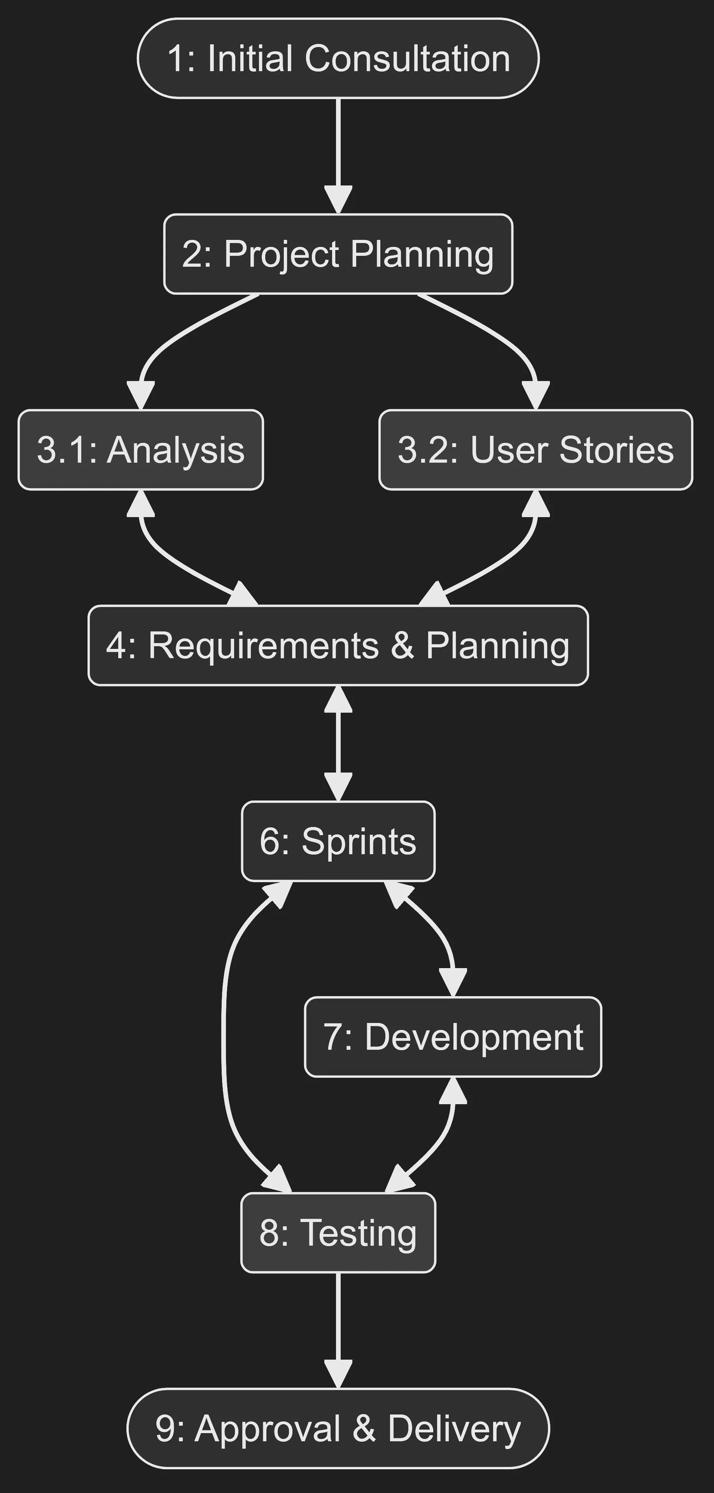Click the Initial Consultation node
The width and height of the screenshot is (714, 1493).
coord(338,58)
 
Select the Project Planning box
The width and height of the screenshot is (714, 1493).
coord(338,254)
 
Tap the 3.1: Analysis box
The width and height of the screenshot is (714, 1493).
coord(141,450)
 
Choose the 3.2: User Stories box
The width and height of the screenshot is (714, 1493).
coord(535,450)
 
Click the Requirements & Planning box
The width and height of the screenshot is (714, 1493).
coord(338,645)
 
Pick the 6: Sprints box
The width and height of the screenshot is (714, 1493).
coord(338,841)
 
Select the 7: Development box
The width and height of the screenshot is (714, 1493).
coord(453,1037)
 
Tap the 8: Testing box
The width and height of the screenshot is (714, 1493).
coord(338,1233)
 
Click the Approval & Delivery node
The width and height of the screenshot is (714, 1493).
coord(338,1428)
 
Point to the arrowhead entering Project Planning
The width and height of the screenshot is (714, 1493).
coord(338,199)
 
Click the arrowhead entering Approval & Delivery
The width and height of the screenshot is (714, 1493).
coord(338,1374)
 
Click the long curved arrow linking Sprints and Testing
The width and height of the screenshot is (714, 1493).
coord(224,1037)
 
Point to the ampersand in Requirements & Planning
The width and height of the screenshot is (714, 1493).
coord(402,645)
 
